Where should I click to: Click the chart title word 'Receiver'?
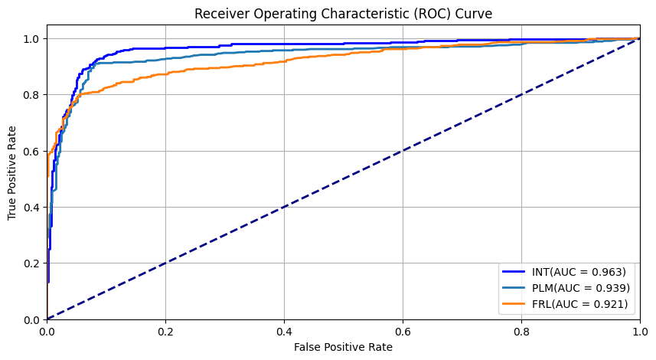[218, 14]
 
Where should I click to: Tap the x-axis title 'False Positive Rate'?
[343, 347]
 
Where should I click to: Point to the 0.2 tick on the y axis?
[31, 263]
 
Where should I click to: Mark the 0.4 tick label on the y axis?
[31, 208]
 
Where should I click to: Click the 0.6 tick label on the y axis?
[31, 151]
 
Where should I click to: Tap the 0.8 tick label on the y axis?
[31, 95]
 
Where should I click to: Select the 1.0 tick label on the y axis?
[31, 39]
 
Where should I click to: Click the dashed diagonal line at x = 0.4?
[284, 207]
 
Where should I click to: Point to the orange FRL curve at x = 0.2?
[165, 74]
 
